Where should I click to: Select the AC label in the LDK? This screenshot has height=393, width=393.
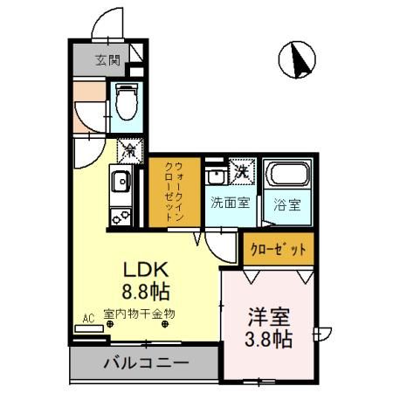pyautogui.click(x=87, y=319)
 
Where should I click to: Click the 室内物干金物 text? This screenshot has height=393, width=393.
pyautogui.click(x=140, y=313)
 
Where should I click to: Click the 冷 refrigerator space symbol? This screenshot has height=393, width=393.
pyautogui.click(x=127, y=150)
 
